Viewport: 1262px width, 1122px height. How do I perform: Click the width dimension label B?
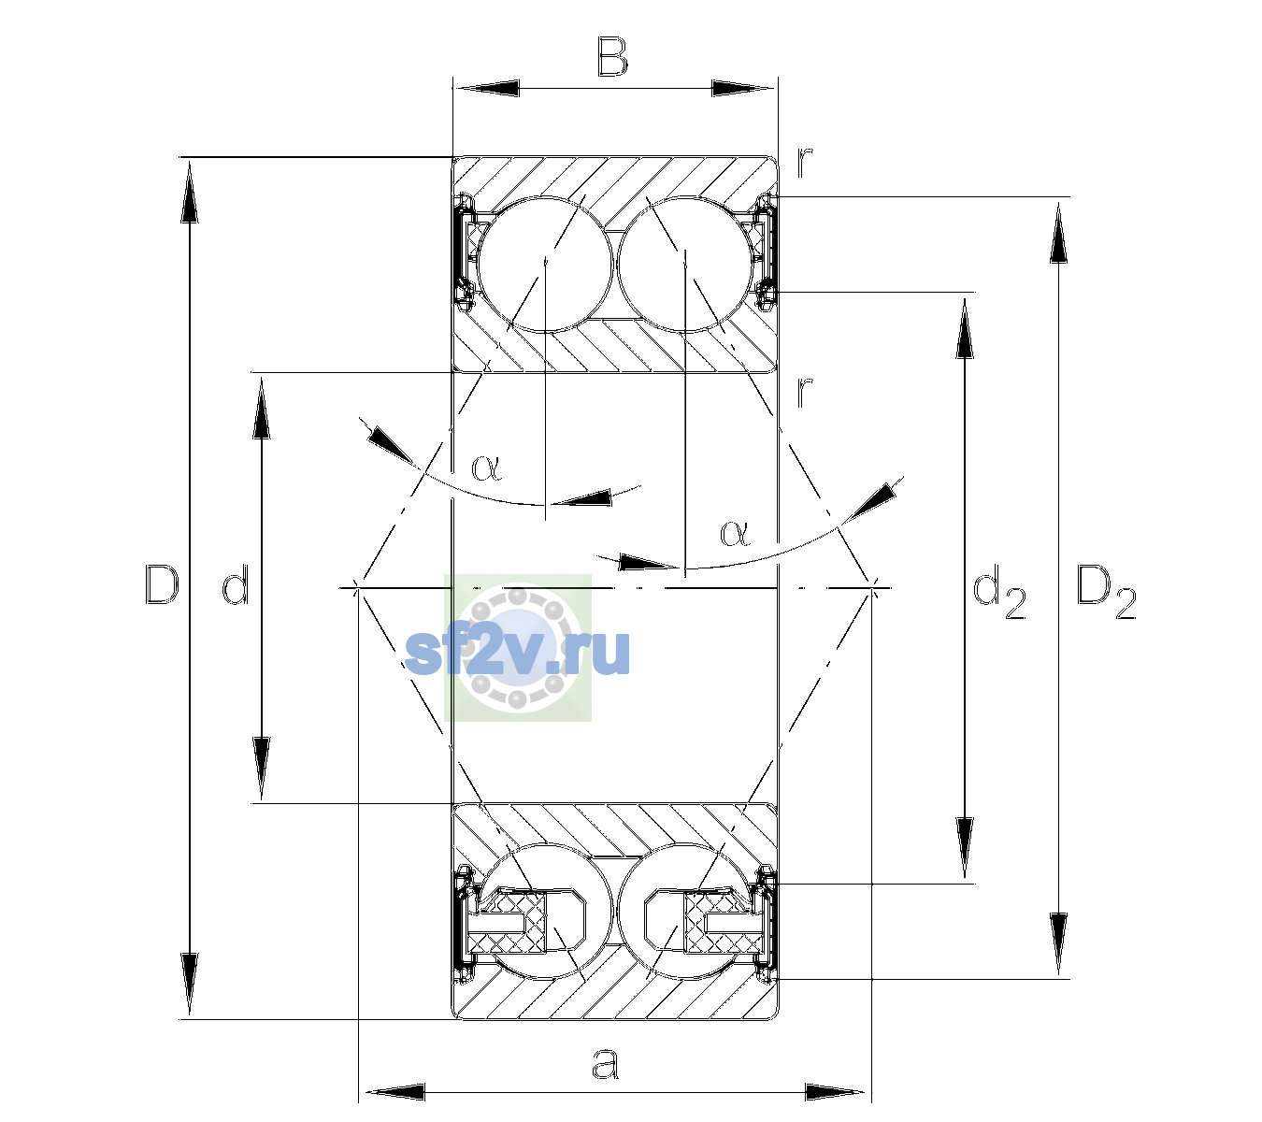point(612,57)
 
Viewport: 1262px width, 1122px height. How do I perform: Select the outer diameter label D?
point(162,584)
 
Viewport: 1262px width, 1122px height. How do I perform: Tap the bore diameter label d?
point(236,584)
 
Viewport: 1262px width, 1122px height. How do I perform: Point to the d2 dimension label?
point(998,591)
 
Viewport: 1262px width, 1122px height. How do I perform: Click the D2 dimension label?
point(1106,592)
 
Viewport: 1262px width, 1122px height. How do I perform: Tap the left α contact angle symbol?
point(486,467)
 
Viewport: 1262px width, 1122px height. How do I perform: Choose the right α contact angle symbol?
point(735,533)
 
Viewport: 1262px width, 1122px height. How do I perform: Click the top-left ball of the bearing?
point(546,265)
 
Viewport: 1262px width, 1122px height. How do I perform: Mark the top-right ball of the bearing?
point(685,265)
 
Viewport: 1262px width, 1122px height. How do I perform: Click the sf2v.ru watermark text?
point(517,652)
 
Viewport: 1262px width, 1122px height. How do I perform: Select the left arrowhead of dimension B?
point(486,89)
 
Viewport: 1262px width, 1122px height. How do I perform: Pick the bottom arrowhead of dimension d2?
point(965,848)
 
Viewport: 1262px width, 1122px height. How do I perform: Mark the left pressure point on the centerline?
point(357,587)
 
